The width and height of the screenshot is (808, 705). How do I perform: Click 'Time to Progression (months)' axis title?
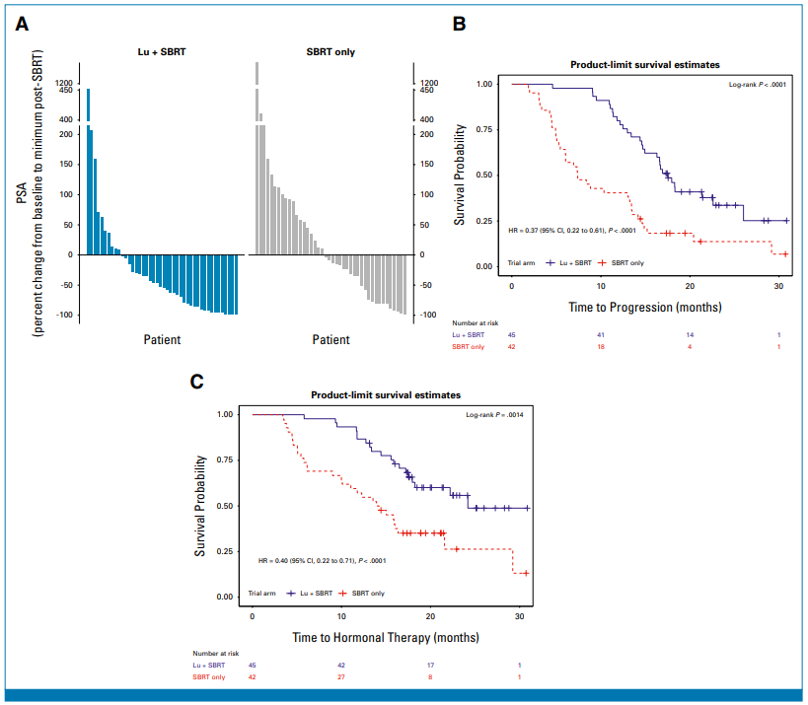[x=644, y=307]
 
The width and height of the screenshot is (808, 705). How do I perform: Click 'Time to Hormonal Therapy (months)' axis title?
[x=387, y=638]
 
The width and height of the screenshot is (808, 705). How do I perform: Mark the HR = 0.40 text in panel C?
[x=322, y=560]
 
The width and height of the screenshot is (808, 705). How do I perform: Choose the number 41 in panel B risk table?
[x=601, y=336]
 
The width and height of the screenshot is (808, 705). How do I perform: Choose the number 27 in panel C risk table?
[x=341, y=676]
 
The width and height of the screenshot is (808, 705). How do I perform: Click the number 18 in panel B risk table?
[x=601, y=347]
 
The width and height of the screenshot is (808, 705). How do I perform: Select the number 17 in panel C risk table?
[x=430, y=666]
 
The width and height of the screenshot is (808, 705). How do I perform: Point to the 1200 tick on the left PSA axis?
[x=64, y=84]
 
